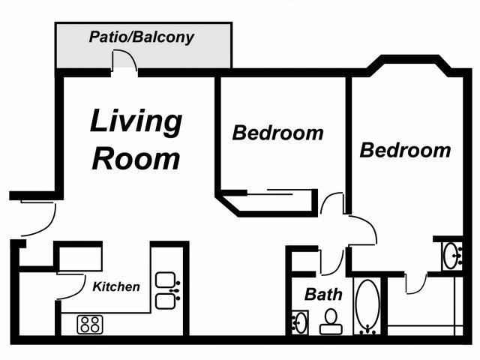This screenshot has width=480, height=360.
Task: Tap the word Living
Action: click(x=136, y=121)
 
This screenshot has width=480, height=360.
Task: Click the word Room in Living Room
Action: click(x=136, y=158)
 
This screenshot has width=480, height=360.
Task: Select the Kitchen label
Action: click(x=116, y=286)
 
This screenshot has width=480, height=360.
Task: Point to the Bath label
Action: click(x=323, y=294)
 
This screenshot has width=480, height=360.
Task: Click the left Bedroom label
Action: click(x=277, y=133)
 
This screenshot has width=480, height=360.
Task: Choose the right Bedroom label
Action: click(x=406, y=150)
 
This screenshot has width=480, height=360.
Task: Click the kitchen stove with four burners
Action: click(x=91, y=324)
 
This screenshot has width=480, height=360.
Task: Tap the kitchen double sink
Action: click(x=165, y=291)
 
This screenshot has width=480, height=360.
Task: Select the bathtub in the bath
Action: click(x=367, y=307)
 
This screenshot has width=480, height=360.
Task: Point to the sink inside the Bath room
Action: click(x=298, y=323)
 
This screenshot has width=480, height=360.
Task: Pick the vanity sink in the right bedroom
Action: click(x=452, y=256)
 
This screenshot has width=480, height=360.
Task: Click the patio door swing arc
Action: click(x=124, y=61)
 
